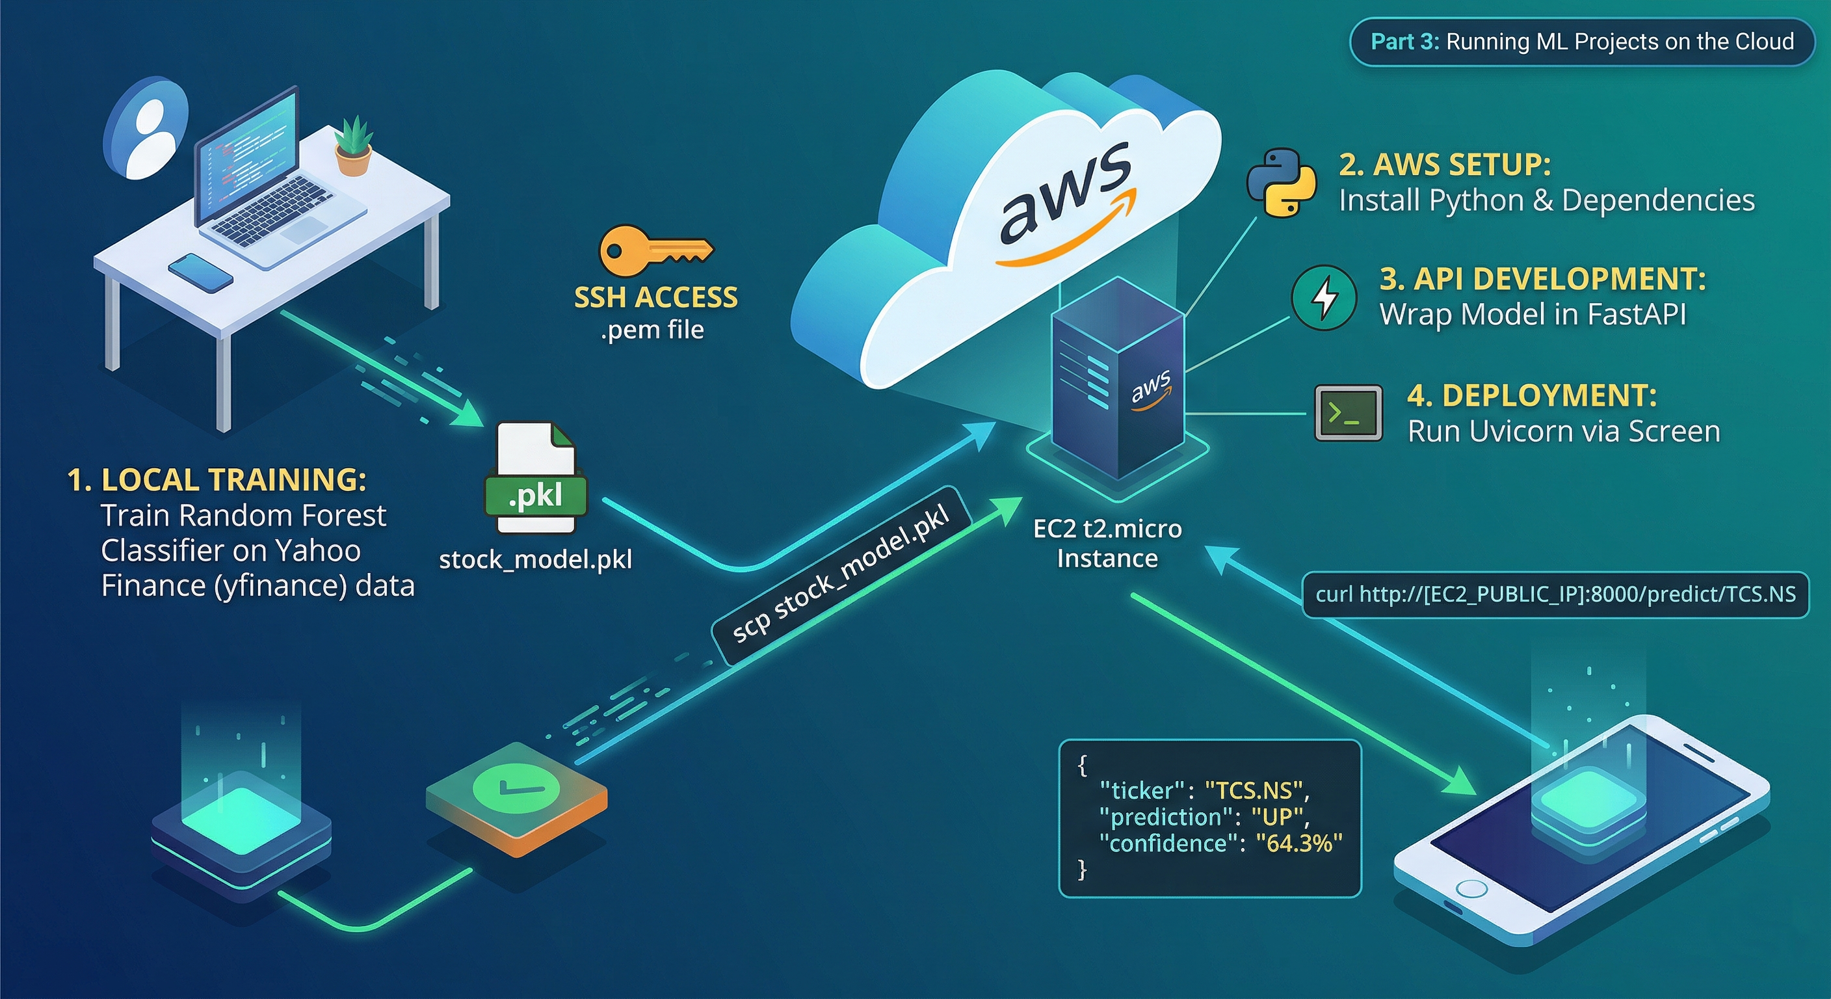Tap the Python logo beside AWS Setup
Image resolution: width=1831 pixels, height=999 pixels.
1282,183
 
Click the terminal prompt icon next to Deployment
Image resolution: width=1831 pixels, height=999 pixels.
1349,413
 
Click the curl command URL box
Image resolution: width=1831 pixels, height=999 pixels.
1555,594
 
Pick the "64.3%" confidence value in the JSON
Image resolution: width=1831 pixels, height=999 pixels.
1298,844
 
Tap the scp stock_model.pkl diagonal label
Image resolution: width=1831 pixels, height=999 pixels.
841,575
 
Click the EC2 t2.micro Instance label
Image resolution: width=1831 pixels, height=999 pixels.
1107,543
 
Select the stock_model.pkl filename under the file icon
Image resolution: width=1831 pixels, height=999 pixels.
535,559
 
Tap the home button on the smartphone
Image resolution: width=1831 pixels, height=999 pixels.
1471,890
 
